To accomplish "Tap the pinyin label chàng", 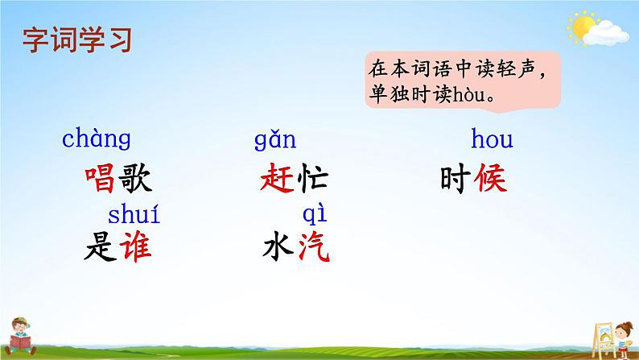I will point(96,140).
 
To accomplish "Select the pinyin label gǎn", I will point(275,142).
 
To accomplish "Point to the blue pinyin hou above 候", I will point(491,141).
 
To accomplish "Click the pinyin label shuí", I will point(134,216).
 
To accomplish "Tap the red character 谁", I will point(134,246).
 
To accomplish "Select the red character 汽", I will point(313,246).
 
